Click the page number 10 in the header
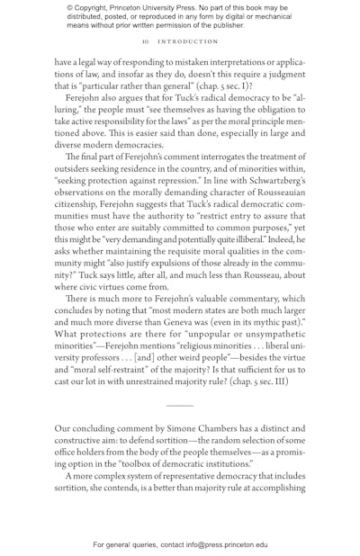145,41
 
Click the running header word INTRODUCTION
188,41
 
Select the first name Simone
186,429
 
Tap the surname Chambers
229,429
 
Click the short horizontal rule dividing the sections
180,407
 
